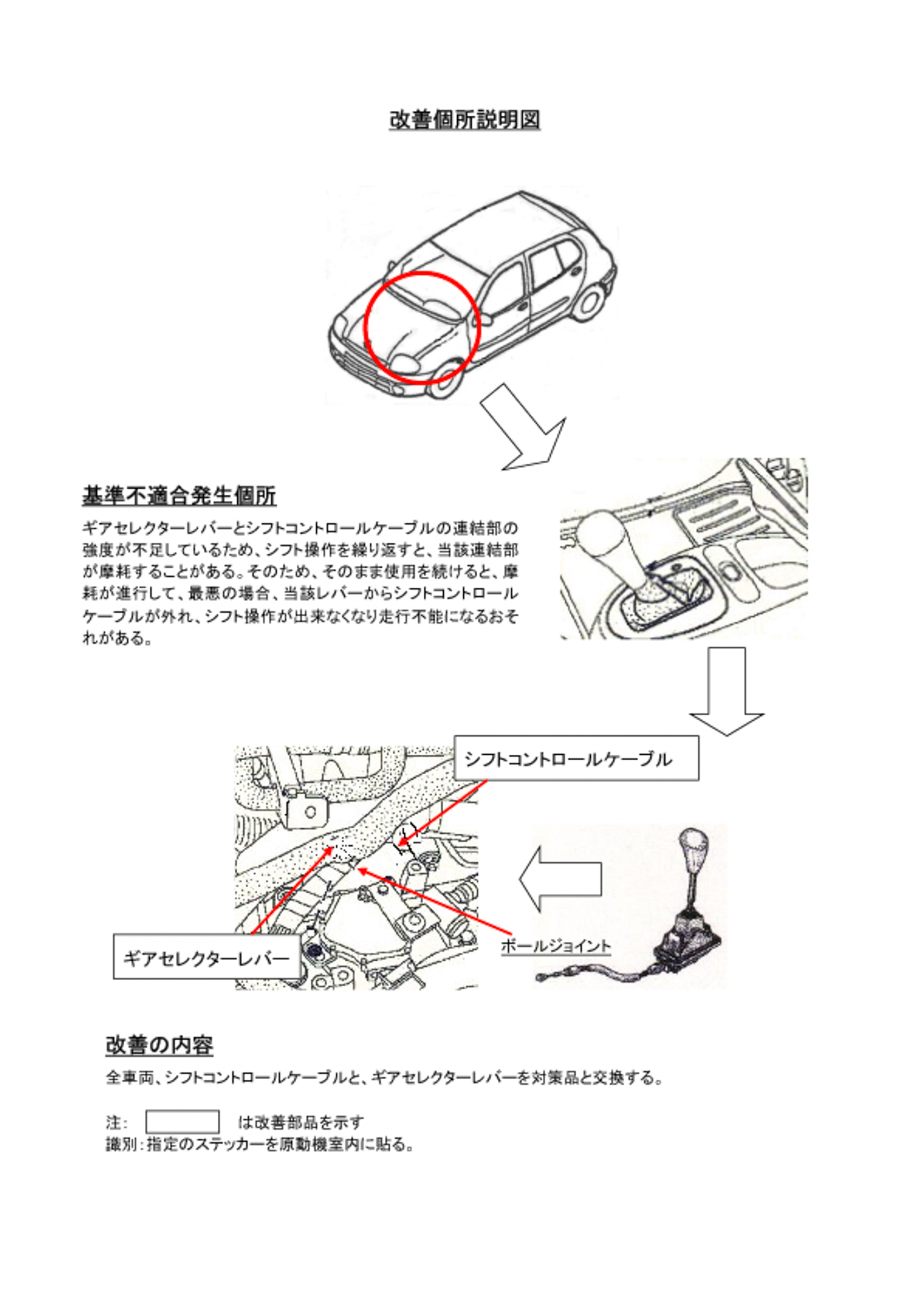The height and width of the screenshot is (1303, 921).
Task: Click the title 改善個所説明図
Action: [464, 120]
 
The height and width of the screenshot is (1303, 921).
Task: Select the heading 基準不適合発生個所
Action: [179, 495]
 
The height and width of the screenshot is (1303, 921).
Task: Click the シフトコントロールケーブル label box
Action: [576, 758]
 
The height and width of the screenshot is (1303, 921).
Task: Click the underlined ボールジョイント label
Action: [555, 946]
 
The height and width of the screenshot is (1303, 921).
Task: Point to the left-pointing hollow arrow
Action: [560, 879]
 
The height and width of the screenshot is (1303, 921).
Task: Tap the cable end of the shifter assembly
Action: [543, 977]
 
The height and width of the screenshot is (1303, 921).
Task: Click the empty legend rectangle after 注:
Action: [182, 1122]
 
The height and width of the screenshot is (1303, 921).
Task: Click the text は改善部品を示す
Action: [300, 1122]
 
